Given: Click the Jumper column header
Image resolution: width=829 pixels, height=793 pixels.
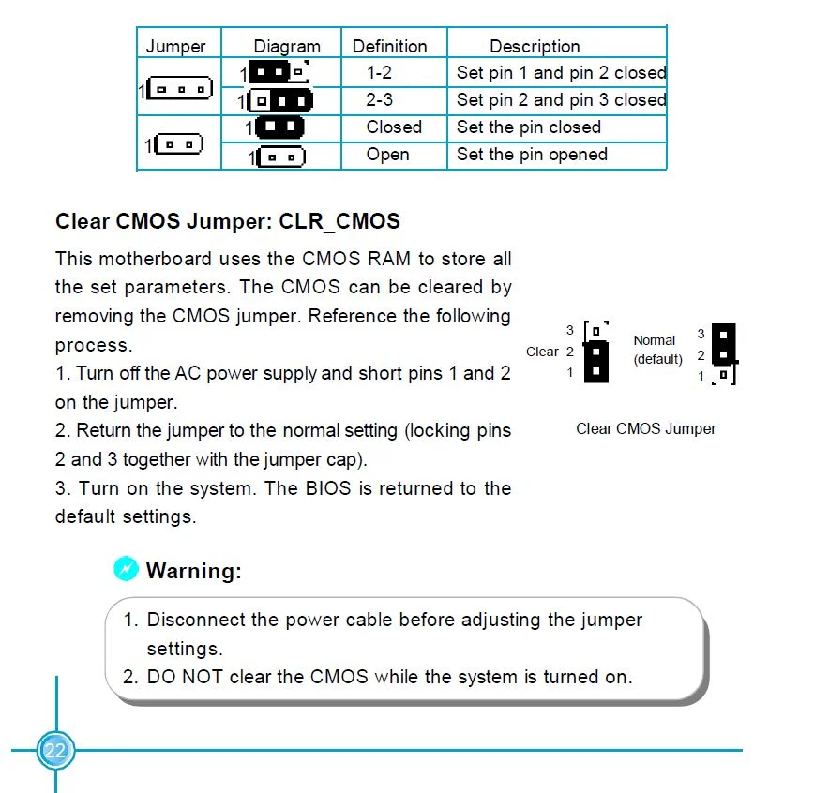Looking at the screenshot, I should coord(175,46).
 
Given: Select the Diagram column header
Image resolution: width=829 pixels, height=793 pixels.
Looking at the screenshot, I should coord(287,46).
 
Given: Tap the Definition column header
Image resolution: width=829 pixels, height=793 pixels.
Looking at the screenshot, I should coord(389,46).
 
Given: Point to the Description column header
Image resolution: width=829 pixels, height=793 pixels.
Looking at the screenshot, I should coord(535,46).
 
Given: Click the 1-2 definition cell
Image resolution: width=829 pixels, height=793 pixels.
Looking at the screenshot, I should coord(379,72).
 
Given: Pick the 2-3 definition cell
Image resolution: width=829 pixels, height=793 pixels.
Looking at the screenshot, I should coord(379,99).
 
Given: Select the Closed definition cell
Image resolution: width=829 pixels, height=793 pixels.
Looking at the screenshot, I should coord(394,127).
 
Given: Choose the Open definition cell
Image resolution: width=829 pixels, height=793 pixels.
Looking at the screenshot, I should coord(387,155).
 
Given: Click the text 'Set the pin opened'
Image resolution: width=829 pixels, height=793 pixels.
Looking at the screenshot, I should coord(532,155).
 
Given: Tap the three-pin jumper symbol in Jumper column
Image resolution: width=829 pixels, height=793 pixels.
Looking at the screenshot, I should coord(179,90).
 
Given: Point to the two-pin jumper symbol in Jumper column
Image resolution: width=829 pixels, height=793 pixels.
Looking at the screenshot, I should coord(179,144).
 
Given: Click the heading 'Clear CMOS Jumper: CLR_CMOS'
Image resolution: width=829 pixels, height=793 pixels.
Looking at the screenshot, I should coord(228,221).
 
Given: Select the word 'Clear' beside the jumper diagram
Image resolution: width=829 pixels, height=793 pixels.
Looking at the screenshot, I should coord(542,352).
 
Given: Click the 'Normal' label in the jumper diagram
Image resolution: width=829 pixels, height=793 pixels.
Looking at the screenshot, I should coord(654,340).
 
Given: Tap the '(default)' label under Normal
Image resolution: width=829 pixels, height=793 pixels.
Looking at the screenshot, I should coord(657,359).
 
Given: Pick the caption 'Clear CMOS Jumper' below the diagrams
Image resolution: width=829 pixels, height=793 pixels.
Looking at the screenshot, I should coord(645,428).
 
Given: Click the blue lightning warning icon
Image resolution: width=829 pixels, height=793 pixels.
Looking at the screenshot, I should coord(126,568).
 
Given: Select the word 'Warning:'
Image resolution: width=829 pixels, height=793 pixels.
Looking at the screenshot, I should coord(193,570).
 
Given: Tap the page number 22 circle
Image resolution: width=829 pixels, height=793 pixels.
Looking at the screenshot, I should coord(55,750).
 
